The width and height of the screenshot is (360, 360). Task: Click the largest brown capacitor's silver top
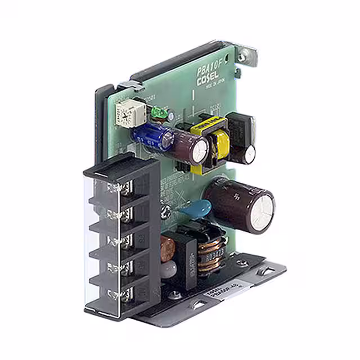(x=259, y=211)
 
